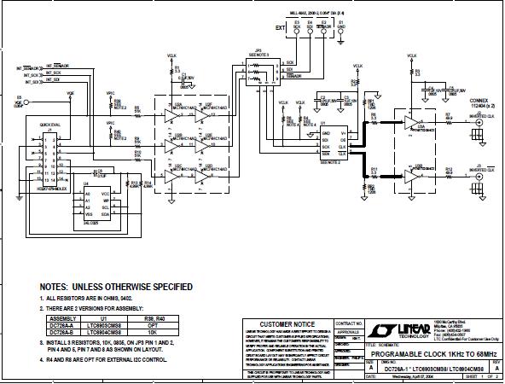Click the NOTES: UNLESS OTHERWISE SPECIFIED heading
(116, 287)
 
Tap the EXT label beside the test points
(279, 27)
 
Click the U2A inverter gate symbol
(166, 111)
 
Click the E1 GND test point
(341, 32)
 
